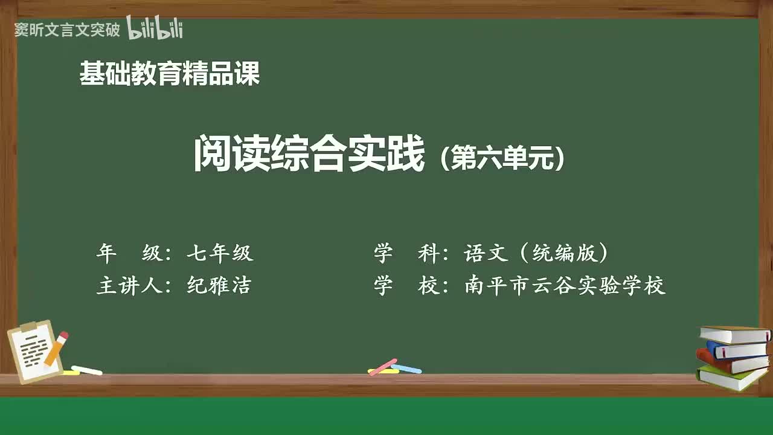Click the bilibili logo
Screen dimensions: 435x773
(155, 28)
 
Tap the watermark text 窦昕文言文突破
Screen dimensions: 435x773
(67, 30)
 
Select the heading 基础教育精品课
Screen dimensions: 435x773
(170, 74)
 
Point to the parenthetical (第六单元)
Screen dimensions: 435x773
(502, 159)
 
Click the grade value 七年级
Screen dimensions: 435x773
(220, 253)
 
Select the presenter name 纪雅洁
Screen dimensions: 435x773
(219, 285)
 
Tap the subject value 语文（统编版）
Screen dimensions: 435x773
(536, 253)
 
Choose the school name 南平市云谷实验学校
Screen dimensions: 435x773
(565, 285)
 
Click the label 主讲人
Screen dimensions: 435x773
(129, 285)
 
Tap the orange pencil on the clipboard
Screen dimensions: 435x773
(56, 348)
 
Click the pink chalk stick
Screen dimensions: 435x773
(382, 366)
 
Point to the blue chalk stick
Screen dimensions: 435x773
(406, 369)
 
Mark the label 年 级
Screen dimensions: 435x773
(129, 253)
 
